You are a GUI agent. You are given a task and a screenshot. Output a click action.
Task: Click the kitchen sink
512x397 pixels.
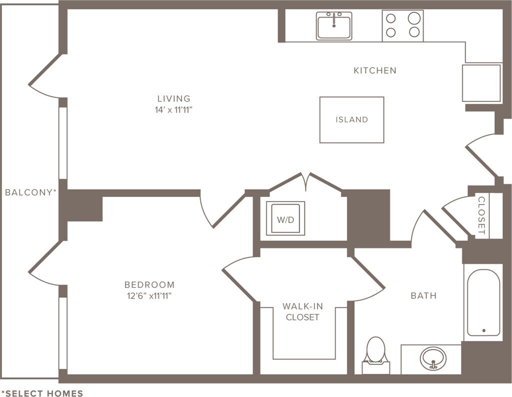pyautogui.click(x=334, y=26)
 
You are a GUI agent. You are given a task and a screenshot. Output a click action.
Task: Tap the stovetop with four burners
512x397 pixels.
pyautogui.click(x=402, y=26)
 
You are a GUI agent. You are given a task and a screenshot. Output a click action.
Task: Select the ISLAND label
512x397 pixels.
pyautogui.click(x=351, y=119)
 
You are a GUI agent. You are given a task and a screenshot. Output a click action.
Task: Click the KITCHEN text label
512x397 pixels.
pyautogui.click(x=375, y=70)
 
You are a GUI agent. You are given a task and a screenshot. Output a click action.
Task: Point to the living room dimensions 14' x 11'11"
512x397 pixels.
pyautogui.click(x=173, y=109)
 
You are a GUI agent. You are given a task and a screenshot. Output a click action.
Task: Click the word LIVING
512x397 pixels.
pyautogui.click(x=173, y=98)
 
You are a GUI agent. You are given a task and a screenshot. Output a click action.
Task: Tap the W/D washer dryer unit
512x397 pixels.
pyautogui.click(x=285, y=218)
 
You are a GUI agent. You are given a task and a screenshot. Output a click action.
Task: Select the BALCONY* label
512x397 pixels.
pyautogui.click(x=30, y=192)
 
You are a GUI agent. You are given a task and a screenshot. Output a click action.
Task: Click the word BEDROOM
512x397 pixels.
pyautogui.click(x=149, y=284)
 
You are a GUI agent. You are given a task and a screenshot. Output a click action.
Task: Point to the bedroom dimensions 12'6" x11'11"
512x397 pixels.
pyautogui.click(x=149, y=296)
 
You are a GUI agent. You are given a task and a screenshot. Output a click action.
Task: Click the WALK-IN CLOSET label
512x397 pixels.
pyautogui.click(x=302, y=311)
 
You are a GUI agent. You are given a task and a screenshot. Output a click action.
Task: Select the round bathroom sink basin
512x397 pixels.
pyautogui.click(x=433, y=358)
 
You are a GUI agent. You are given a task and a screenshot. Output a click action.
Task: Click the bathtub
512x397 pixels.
pyautogui.click(x=483, y=302)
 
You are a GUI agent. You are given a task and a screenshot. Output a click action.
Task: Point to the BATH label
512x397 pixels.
pyautogui.click(x=423, y=295)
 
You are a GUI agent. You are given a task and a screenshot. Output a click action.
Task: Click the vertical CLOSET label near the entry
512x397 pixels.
pyautogui.click(x=481, y=215)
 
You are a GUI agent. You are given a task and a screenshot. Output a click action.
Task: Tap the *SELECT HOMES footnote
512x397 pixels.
pyautogui.click(x=42, y=393)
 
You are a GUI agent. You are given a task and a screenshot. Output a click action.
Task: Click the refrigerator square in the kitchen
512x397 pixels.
pyautogui.click(x=481, y=83)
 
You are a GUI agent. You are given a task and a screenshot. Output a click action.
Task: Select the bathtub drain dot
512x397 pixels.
pyautogui.click(x=484, y=330)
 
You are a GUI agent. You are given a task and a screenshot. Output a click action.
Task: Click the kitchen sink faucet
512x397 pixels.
pyautogui.click(x=334, y=20)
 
